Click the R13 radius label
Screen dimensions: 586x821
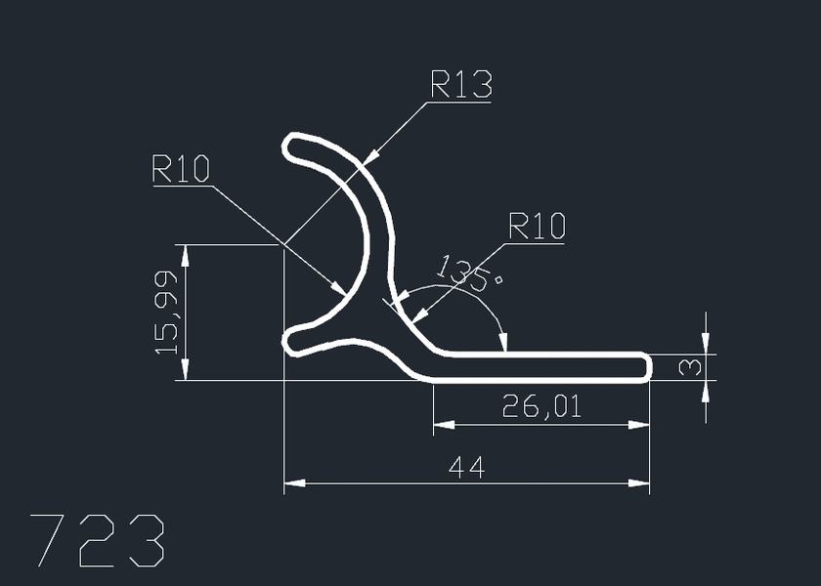460,86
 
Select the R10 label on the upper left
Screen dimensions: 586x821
181,170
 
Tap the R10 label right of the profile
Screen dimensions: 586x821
537,228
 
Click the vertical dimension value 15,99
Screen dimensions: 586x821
167,312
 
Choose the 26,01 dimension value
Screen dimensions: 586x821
541,405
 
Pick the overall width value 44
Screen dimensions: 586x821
466,468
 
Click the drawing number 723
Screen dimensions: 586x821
98,540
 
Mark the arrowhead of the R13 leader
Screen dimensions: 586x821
371,154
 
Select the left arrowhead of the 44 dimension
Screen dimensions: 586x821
290,482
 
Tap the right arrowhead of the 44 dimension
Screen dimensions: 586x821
644,482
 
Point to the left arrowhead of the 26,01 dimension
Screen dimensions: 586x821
440,424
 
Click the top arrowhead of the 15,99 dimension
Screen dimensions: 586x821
185,251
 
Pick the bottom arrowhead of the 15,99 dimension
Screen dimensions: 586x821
185,374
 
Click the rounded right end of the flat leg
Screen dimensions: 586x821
644,367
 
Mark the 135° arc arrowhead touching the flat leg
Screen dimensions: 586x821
503,344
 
